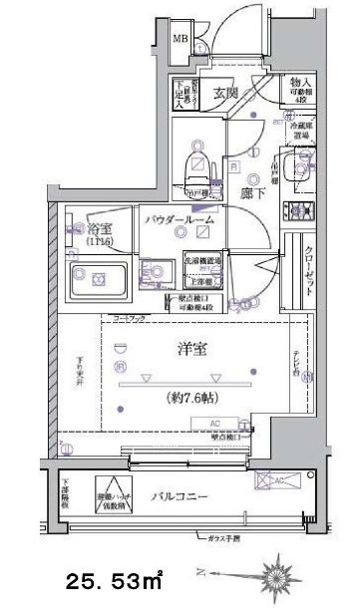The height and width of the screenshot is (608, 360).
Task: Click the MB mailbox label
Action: coord(180,39)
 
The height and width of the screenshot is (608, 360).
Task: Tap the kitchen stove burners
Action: coord(296,209)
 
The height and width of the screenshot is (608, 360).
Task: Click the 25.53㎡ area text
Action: coord(116,577)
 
